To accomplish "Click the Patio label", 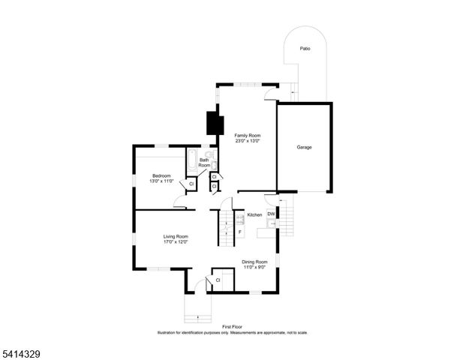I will point(304,49).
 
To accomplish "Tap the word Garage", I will point(303,147).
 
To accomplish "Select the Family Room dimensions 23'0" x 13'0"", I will point(247,141).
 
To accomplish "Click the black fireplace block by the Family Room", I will point(213,122).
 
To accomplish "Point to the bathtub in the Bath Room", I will point(192,160).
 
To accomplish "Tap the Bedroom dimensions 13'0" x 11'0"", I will point(161,181).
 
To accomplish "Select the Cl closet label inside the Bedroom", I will point(191,184).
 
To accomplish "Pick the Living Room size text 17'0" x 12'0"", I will point(176,241).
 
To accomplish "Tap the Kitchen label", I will point(254,215).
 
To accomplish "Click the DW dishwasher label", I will point(271,214).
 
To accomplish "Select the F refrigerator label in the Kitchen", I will point(239,232).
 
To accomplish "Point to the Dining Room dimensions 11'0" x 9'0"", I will point(254,267).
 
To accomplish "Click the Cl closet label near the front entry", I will point(218,280).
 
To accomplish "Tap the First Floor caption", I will point(233,327).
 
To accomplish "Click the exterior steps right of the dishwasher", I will point(286,218).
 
